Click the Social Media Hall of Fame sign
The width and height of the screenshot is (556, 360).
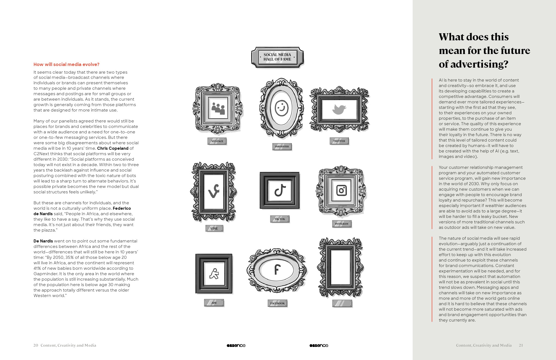pos(277,57)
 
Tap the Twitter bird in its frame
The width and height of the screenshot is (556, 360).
pos(339,109)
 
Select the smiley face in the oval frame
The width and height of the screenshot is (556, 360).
pos(281,108)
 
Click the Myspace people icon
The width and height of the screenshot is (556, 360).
pos(218,109)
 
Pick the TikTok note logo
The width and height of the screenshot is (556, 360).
pos(280,190)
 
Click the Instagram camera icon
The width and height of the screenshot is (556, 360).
pos(341,190)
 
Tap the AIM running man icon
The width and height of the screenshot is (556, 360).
pos(214,274)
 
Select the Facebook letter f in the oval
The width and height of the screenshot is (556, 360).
pos(277,270)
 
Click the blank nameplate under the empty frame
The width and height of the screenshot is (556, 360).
pos(342,303)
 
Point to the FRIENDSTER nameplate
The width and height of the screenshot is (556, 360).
pos(282,147)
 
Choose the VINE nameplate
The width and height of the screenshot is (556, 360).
pos(214,229)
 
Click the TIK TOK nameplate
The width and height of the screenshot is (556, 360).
pos(280,219)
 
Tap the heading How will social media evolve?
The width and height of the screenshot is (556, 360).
pos(67,64)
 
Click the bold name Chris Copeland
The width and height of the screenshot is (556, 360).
pos(113,148)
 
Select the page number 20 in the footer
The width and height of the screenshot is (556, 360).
pos(36,345)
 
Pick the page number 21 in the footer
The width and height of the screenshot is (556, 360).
pos(521,345)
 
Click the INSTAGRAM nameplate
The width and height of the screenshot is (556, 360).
pos(342,224)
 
